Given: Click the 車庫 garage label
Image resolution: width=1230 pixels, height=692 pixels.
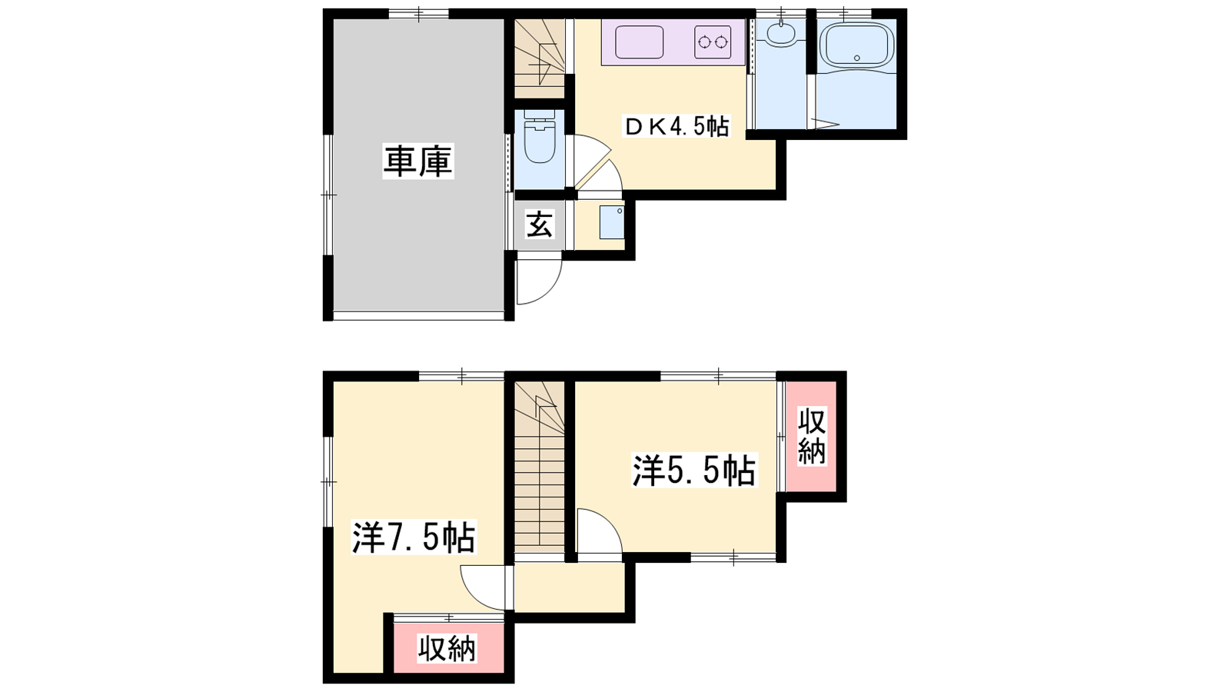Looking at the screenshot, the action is (418, 161).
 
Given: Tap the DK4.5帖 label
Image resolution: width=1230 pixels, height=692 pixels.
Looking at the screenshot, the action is (676, 127).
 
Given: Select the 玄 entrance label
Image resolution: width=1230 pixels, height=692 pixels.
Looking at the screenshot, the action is (540, 225).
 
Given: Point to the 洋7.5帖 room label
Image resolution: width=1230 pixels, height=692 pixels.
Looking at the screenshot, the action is (414, 537).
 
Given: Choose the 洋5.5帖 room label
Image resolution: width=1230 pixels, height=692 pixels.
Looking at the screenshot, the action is (694, 470).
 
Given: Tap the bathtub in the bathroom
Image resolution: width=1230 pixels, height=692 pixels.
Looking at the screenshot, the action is (856, 46).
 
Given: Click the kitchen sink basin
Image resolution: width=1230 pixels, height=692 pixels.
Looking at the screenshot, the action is (639, 42).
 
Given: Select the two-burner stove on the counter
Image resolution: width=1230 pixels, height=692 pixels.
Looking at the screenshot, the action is (713, 42).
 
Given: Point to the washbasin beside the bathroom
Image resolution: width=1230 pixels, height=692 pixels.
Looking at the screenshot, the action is (780, 34).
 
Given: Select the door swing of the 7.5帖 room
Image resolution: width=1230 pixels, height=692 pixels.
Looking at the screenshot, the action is (483, 587).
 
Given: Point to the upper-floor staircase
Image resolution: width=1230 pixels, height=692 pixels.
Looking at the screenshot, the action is (540, 467).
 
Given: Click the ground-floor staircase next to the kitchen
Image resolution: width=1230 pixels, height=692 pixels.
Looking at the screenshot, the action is (540, 58).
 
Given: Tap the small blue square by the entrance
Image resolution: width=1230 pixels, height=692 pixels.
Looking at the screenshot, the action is (612, 222).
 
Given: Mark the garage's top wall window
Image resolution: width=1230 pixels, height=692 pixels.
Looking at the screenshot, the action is (419, 14).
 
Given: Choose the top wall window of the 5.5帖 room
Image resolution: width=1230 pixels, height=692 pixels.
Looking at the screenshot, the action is (718, 376).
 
